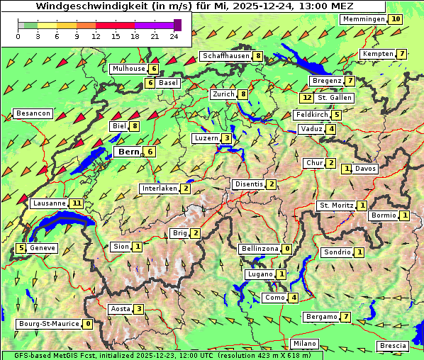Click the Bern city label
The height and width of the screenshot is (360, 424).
(128, 152)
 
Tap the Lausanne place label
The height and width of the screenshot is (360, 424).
(49, 203)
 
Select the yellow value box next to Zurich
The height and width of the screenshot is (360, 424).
(243, 94)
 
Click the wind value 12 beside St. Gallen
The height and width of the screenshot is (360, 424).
(306, 98)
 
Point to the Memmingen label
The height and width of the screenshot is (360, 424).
(363, 19)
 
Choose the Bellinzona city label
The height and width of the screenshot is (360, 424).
(259, 249)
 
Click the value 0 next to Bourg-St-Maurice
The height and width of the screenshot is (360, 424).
(87, 324)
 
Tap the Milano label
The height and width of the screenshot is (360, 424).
(305, 344)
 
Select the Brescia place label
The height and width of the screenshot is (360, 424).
(393, 346)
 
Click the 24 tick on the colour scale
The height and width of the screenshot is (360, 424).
(174, 36)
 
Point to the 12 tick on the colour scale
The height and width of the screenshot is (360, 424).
(96, 36)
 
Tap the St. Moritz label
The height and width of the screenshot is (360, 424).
(335, 206)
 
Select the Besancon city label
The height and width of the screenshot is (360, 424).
(33, 113)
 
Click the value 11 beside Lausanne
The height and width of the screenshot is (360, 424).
(77, 203)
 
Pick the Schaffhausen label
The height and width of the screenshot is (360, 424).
(225, 56)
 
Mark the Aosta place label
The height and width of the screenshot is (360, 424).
(120, 309)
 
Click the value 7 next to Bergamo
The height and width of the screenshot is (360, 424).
(345, 317)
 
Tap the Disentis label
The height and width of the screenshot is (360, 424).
(248, 184)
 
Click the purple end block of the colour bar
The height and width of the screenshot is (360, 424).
(177, 25)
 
